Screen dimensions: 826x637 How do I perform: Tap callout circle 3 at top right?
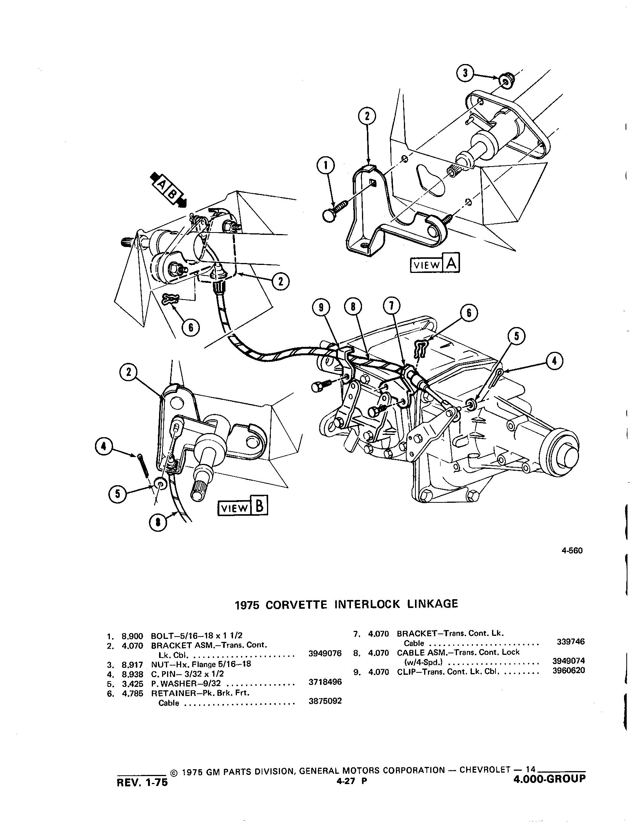point(465,72)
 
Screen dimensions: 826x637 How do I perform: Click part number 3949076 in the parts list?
point(325,654)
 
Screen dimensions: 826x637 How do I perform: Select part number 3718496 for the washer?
point(325,682)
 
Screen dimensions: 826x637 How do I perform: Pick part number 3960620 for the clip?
point(568,670)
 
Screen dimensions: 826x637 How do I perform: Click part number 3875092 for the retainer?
point(325,701)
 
